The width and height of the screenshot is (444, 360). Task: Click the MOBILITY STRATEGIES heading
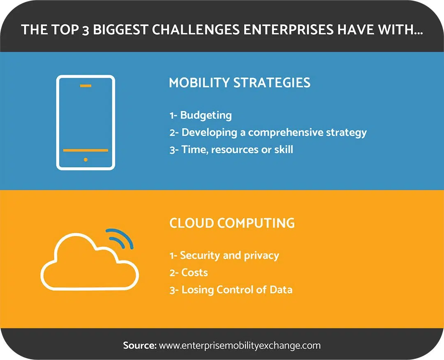pyautogui.click(x=240, y=82)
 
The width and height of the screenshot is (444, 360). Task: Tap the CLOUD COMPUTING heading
pyautogui.click(x=232, y=223)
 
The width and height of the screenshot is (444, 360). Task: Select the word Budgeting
pyautogui.click(x=206, y=115)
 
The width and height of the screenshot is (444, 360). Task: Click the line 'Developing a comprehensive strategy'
pyautogui.click(x=274, y=132)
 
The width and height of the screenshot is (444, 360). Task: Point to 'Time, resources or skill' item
pyautogui.click(x=237, y=149)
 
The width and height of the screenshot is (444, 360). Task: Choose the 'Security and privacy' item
pyautogui.click(x=230, y=255)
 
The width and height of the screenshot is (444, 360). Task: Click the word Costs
pyautogui.click(x=194, y=272)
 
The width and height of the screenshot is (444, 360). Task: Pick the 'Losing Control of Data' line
pyautogui.click(x=237, y=290)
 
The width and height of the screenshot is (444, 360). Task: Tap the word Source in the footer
pyautogui.click(x=140, y=346)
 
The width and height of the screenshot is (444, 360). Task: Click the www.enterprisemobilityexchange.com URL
pyautogui.click(x=240, y=346)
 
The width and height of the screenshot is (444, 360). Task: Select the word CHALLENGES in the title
pyautogui.click(x=196, y=30)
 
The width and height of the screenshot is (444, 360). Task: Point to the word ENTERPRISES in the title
pyautogui.click(x=288, y=30)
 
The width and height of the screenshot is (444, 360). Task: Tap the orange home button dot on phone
pyautogui.click(x=86, y=160)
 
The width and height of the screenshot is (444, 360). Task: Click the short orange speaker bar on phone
pyautogui.click(x=86, y=86)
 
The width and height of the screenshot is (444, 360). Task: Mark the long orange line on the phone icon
pyautogui.click(x=86, y=150)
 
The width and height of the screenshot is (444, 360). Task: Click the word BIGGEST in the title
pyautogui.click(x=120, y=30)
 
